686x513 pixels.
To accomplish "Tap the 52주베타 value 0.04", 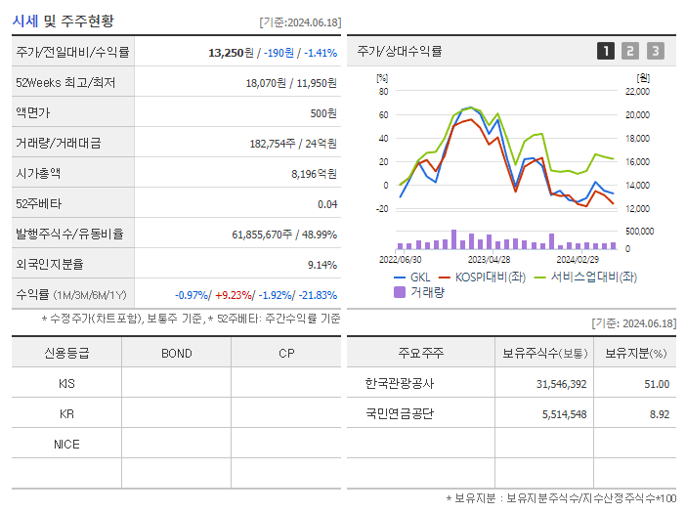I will [x=326, y=204].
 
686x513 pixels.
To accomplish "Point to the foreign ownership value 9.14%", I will [x=322, y=265].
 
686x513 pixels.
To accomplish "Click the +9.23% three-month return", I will [x=235, y=295].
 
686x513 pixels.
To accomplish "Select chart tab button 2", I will [x=630, y=51].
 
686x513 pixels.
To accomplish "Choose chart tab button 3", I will [x=655, y=51].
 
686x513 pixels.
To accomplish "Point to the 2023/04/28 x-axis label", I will [x=490, y=260].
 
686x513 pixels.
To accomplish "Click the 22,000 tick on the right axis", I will [x=636, y=92].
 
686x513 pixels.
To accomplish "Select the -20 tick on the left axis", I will [x=382, y=208].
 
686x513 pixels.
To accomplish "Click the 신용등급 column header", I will [x=66, y=353].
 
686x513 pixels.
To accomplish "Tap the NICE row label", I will [x=66, y=444].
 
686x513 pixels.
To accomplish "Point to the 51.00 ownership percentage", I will [x=657, y=384].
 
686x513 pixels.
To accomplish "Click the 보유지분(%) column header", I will [x=635, y=353].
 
